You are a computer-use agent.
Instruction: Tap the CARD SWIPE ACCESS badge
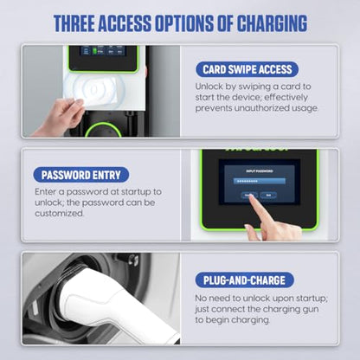[247, 68]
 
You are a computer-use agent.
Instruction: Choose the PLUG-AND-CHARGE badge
[245, 280]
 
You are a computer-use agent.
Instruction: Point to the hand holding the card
[54, 118]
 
